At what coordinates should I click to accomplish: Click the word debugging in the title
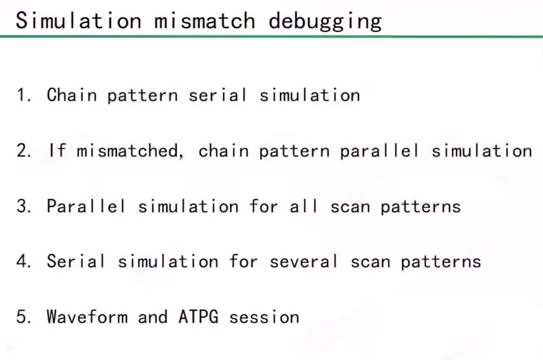325,21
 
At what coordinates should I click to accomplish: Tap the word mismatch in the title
205,21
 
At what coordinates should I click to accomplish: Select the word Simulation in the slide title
79,21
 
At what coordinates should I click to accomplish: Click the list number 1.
22,95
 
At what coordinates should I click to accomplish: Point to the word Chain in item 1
71,95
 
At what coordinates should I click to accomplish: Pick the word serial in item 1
218,95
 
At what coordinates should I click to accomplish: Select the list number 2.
23,151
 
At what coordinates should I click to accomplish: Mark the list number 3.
23,206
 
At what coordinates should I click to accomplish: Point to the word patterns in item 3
420,207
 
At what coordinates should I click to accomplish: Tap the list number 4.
23,261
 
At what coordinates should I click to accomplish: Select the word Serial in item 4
76,261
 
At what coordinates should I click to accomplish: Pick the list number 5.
23,317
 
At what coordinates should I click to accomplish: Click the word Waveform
87,317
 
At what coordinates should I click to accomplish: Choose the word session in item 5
264,317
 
